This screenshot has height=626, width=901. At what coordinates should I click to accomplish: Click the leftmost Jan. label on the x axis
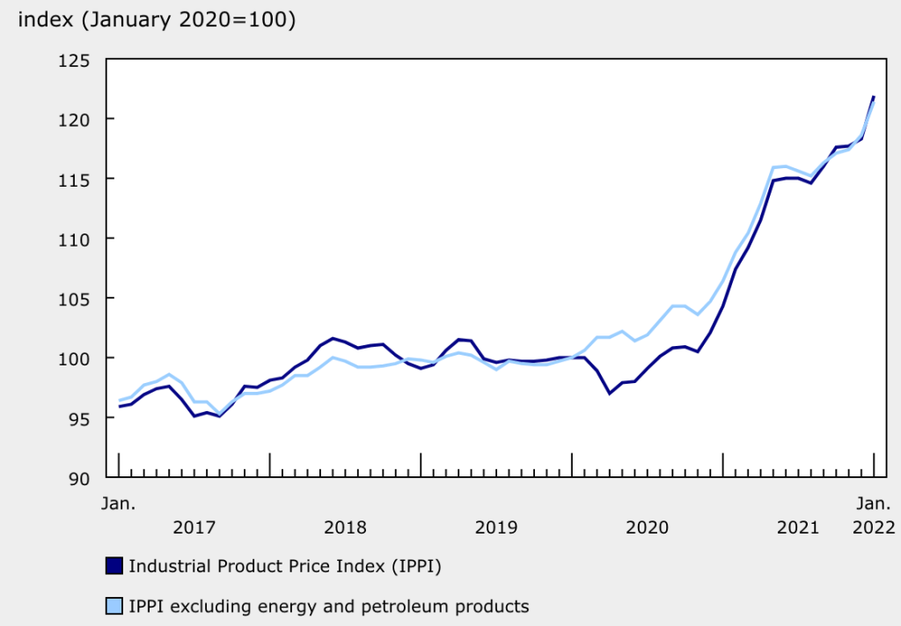(x=118, y=504)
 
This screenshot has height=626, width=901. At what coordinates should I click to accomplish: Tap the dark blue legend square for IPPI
(x=114, y=566)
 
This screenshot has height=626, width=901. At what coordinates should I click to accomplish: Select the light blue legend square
(x=114, y=606)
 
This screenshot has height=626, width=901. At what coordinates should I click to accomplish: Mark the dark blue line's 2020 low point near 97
(x=610, y=394)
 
